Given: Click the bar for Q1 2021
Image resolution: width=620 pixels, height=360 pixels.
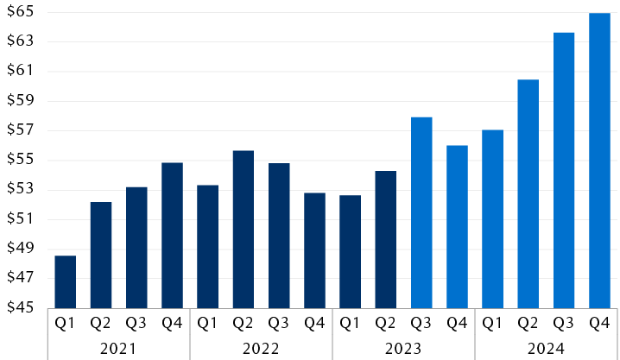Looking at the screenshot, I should coord(66,281).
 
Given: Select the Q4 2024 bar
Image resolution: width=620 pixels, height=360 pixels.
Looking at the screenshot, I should coord(599,161).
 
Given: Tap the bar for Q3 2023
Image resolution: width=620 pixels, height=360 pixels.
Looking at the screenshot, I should coord(421,212).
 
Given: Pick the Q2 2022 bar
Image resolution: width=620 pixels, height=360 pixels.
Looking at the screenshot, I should coord(244,229).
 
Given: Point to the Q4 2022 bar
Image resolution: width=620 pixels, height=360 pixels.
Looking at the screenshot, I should coord(314,249).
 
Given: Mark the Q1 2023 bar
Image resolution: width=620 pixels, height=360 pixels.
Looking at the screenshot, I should coord(350,251).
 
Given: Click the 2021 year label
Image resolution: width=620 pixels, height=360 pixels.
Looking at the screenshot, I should coord(118,349).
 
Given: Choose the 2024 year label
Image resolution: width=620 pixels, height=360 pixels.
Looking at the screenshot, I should coord(546,349).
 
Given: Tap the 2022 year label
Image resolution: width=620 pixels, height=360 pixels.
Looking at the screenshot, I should coord(261,349).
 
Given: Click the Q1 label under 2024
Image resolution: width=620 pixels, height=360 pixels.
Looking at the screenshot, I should coord(492,324).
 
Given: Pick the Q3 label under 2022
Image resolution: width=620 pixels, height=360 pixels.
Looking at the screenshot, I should coord(278,324).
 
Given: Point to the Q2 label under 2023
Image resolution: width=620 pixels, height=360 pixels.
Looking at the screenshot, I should coord(385,324).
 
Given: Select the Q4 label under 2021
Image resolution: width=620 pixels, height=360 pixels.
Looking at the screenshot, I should coord(172,324).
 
